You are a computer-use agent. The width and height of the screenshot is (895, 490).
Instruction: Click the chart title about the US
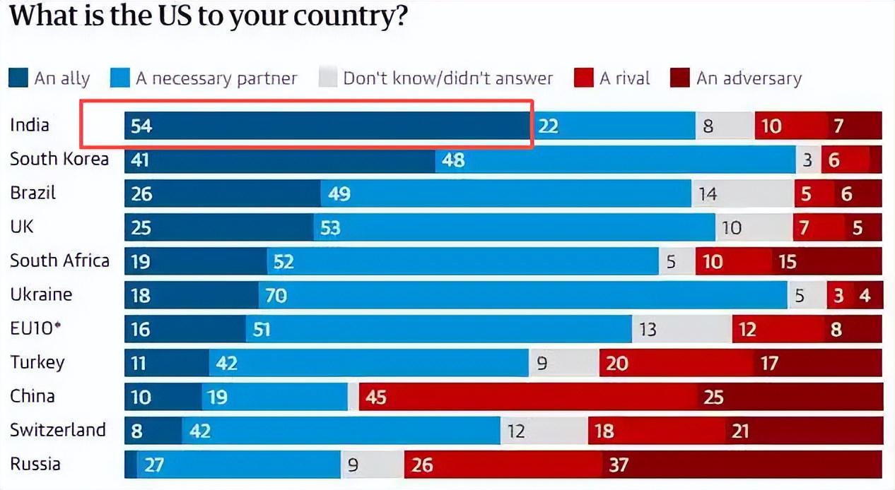[x=209, y=16]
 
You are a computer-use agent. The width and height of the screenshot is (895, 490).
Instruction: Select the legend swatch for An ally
[x=18, y=78]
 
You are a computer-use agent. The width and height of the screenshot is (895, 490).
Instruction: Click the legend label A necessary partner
[x=216, y=78]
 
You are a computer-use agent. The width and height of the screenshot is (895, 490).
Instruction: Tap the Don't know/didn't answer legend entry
[x=447, y=78]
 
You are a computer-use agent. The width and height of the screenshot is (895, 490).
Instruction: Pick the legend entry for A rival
[x=624, y=78]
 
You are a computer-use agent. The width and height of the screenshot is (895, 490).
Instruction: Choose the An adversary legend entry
[x=749, y=78]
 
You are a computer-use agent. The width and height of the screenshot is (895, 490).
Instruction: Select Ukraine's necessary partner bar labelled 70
[x=523, y=294]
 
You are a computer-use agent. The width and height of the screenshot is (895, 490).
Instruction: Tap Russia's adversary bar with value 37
[x=742, y=465]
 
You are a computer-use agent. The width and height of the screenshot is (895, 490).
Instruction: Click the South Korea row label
[x=59, y=159]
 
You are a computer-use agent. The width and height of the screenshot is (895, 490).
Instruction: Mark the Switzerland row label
[x=57, y=429]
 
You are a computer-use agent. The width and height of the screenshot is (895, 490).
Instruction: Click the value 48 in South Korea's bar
[x=453, y=160]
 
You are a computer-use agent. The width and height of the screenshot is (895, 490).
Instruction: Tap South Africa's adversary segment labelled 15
[x=788, y=261]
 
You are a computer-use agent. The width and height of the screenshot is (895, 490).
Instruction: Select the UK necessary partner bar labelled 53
[x=515, y=227]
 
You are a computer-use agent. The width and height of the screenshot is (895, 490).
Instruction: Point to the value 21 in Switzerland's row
[x=739, y=431]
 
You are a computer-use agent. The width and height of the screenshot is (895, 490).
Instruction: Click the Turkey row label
[x=37, y=362]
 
